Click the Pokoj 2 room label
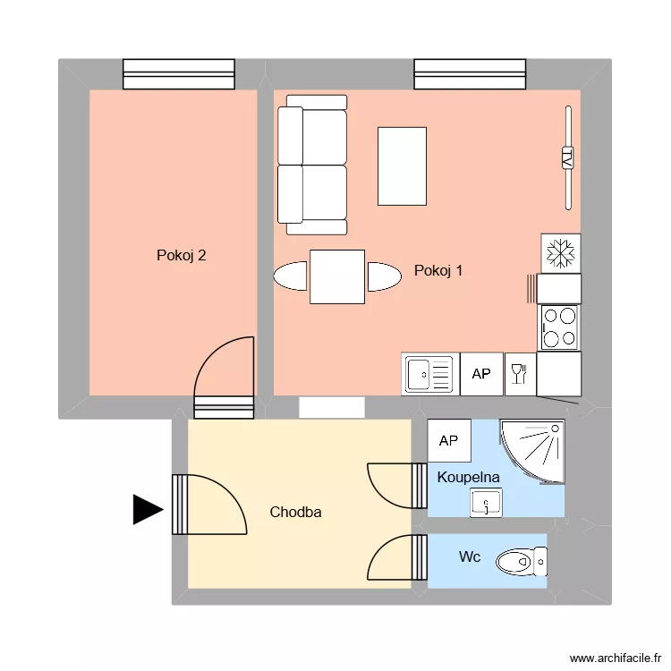coord(182,255)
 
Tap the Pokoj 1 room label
coord(438,270)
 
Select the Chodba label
coord(295,513)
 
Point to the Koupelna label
coord(468,478)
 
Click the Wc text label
coord(470,557)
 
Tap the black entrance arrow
coord(147,510)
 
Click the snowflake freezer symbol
coord(561,253)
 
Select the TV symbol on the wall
coord(567,157)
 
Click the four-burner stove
coord(560,327)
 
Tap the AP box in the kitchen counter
coord(481,374)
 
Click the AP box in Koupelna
coord(449,440)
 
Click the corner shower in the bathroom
coord(533,450)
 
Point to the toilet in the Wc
coord(519,561)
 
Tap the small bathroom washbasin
coord(486,504)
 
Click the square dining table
coord(337,276)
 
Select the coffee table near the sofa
coord(402,166)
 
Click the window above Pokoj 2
coord(179,74)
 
